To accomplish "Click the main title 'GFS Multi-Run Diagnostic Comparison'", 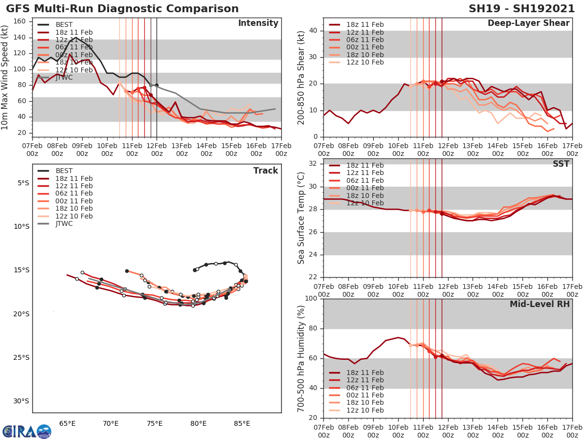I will (122, 9).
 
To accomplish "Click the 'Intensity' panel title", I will (258, 23).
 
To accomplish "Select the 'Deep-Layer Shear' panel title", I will (528, 23).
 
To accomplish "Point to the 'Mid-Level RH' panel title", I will (540, 304).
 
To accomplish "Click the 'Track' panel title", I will (266, 171).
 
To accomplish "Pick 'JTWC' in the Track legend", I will (64, 224).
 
